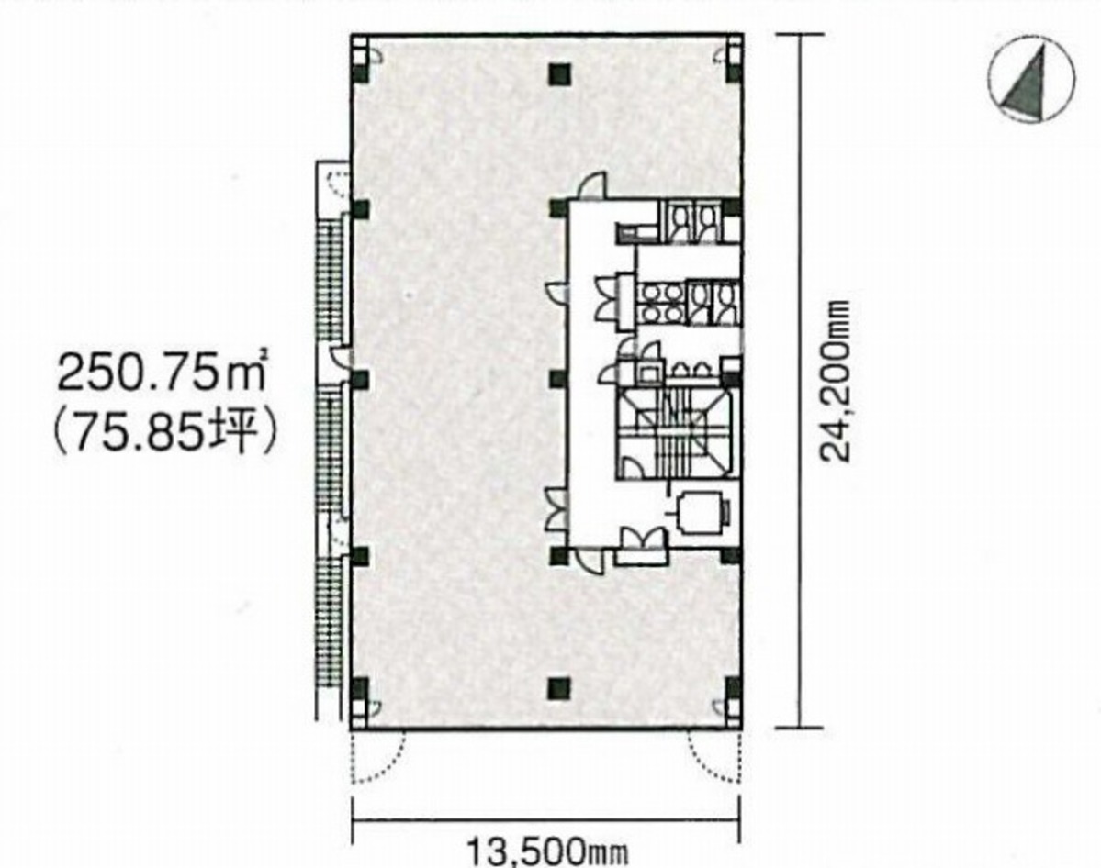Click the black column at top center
point(556,74)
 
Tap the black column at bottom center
point(556,686)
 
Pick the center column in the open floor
point(556,379)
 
